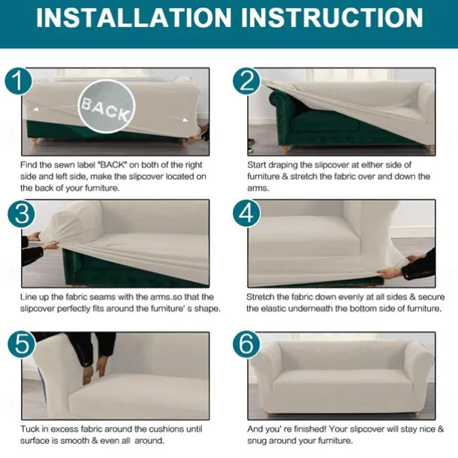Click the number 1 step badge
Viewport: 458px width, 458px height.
(x=18, y=81)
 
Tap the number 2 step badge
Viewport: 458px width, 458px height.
(x=246, y=81)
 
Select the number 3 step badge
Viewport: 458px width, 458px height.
(x=21, y=213)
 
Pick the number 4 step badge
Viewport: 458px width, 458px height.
(x=246, y=213)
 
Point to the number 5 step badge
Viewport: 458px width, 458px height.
(x=21, y=345)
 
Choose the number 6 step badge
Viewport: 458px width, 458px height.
(x=246, y=345)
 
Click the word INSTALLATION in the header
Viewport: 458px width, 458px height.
(x=134, y=17)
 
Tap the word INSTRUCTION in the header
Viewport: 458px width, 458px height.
(x=332, y=17)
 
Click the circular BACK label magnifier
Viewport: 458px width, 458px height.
(x=107, y=107)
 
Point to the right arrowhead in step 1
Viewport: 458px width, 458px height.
(x=185, y=120)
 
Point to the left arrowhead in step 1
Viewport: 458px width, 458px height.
(x=36, y=109)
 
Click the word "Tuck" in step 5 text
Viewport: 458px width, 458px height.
(x=30, y=429)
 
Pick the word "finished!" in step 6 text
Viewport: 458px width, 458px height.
(x=309, y=429)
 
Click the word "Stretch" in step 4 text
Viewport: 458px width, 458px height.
(x=261, y=297)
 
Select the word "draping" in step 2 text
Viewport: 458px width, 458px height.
(x=283, y=166)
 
